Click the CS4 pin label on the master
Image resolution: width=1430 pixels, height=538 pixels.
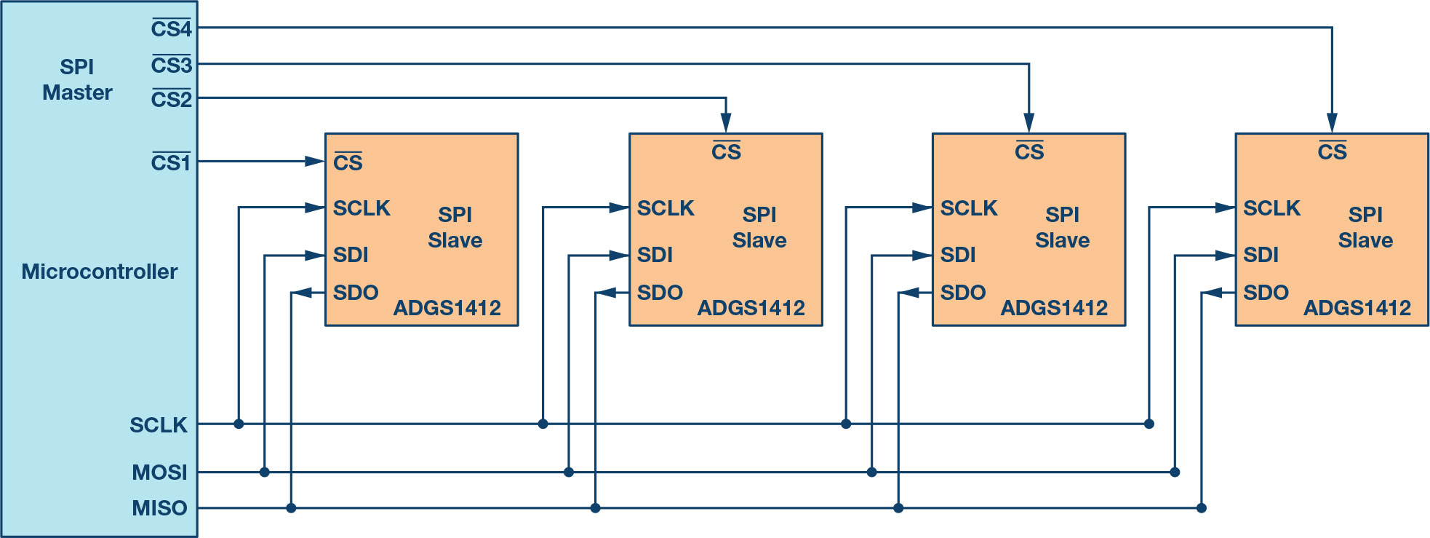point(172,28)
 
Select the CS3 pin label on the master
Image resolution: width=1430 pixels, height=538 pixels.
point(172,65)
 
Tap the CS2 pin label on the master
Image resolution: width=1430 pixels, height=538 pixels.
point(172,99)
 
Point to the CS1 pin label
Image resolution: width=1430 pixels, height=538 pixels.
point(171,162)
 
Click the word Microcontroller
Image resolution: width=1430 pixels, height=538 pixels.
point(100,272)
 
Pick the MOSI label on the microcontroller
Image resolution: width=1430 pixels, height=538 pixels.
point(160,472)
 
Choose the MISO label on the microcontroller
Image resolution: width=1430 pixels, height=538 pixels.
point(160,508)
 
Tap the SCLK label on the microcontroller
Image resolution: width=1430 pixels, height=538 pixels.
point(159,425)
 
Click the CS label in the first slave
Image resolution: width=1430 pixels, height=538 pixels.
point(348,162)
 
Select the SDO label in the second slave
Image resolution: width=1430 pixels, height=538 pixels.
point(660,293)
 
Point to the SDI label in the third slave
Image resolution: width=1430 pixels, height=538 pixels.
point(958,255)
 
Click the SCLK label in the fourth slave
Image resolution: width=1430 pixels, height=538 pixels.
point(1271,208)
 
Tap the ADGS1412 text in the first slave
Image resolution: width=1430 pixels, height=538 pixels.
point(447,308)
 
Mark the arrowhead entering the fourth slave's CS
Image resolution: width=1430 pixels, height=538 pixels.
point(1332,123)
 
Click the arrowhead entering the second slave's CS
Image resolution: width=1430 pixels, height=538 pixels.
point(725,123)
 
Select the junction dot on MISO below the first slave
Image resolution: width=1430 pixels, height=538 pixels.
point(291,508)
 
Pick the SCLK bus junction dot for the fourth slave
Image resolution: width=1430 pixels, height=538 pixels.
point(1149,424)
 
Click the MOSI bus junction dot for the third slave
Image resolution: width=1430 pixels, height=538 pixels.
point(872,472)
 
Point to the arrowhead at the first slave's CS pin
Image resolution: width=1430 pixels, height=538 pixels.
point(315,161)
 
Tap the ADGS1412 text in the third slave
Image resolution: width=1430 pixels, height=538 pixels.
point(1054,308)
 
